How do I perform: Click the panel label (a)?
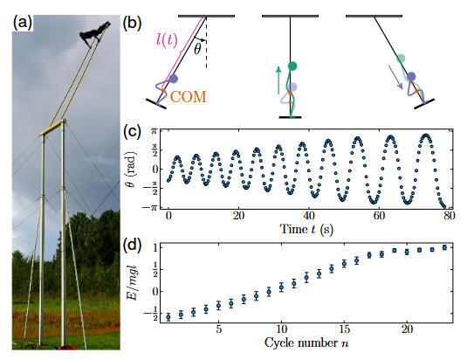[x=23, y=23]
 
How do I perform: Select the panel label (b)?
[x=132, y=24]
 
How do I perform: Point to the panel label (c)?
[x=132, y=131]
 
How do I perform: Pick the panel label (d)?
[x=132, y=246]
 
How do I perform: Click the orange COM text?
[x=188, y=97]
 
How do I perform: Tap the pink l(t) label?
[x=167, y=40]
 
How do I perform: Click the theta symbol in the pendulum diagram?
[x=197, y=49]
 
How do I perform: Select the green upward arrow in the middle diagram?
[x=278, y=80]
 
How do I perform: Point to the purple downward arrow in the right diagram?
[x=398, y=77]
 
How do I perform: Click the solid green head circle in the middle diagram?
[x=292, y=66]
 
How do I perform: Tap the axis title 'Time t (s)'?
[x=306, y=229]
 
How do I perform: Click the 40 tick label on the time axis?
[x=309, y=216]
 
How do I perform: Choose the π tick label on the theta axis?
[x=154, y=131]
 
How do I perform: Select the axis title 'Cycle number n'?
[x=306, y=343]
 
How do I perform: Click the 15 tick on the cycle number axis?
[x=344, y=329]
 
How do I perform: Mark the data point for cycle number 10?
[x=281, y=287]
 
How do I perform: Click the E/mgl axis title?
[x=133, y=283]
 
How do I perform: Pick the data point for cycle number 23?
[x=444, y=247]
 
